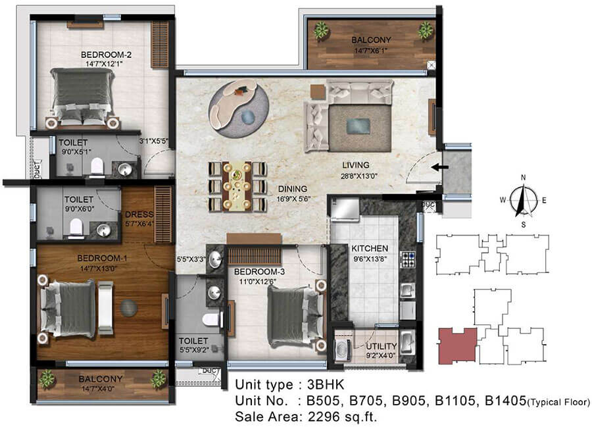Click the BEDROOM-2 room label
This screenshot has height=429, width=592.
[x=106, y=55]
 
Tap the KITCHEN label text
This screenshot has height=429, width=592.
[x=370, y=249]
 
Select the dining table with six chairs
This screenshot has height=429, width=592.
[x=237, y=186]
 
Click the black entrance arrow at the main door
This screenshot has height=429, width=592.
[x=440, y=167]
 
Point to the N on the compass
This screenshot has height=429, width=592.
[x=524, y=178]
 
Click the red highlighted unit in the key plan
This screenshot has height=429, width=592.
[x=458, y=346]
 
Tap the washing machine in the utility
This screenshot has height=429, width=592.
[x=343, y=347]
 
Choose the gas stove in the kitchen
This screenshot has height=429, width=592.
[x=408, y=259]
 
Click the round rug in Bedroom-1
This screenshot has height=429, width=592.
[x=128, y=308]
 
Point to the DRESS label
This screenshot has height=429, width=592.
[x=139, y=214]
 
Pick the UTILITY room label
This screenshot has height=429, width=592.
[x=382, y=346]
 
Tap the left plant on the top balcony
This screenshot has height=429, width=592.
[x=321, y=30]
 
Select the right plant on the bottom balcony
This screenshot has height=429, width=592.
[x=159, y=379]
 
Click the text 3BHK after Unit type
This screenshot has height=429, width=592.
[x=326, y=385]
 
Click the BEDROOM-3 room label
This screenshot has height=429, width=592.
[x=259, y=272]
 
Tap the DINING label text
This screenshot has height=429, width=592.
[x=293, y=189]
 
